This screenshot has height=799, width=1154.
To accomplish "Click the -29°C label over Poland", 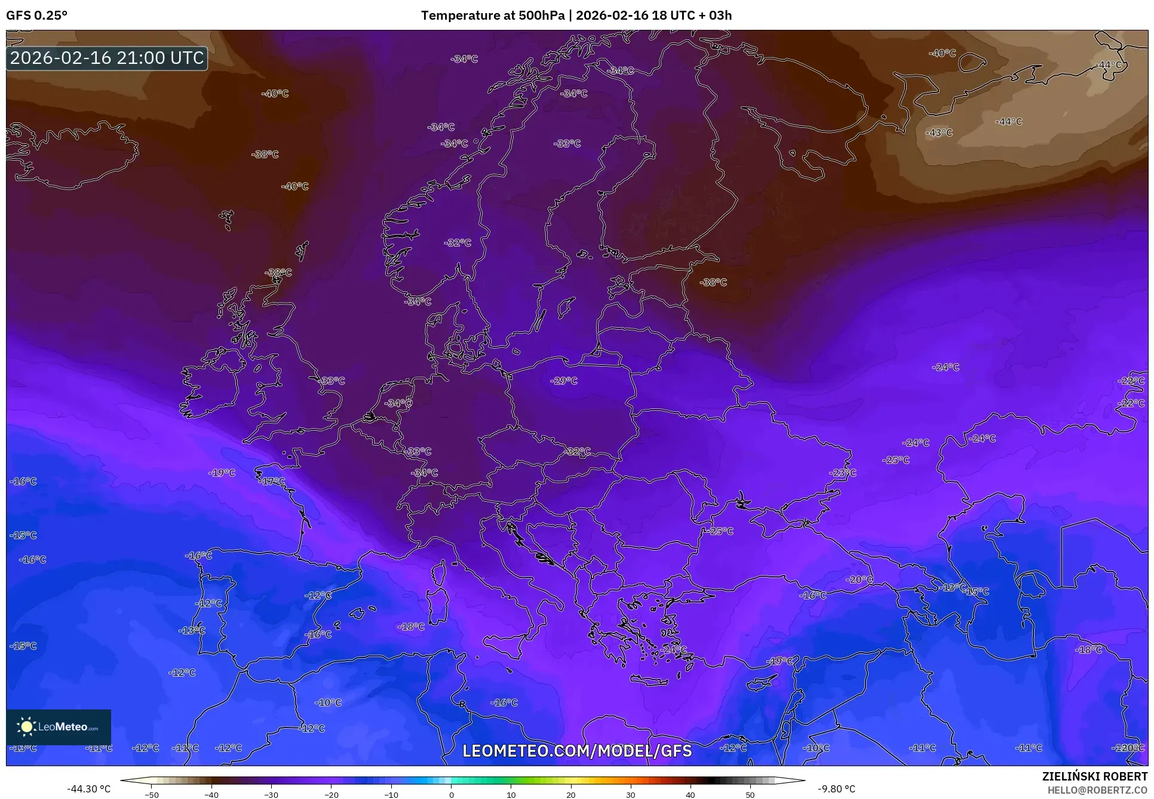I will click(x=564, y=380).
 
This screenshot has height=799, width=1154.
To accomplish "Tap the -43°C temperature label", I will click(x=939, y=133).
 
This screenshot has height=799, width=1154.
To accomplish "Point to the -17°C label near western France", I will click(x=272, y=481).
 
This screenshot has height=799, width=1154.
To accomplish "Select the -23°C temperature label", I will click(x=842, y=473).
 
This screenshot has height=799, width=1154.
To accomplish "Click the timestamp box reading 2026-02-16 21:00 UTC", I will click(x=107, y=58).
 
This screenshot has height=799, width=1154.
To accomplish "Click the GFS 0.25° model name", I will click(x=36, y=16).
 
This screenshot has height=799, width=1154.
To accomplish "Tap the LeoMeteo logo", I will click(x=59, y=727).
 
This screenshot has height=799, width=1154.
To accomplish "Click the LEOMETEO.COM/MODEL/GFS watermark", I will click(x=577, y=751).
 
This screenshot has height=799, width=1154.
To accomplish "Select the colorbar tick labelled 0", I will click(x=451, y=794).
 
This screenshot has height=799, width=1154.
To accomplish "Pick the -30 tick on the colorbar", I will click(x=271, y=794).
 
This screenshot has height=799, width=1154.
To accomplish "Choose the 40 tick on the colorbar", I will click(x=690, y=794).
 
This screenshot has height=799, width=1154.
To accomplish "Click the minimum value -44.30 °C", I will click(x=88, y=789).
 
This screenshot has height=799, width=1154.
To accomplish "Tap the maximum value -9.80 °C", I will click(x=836, y=789).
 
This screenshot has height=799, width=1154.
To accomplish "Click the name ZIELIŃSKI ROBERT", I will click(x=1094, y=776).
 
